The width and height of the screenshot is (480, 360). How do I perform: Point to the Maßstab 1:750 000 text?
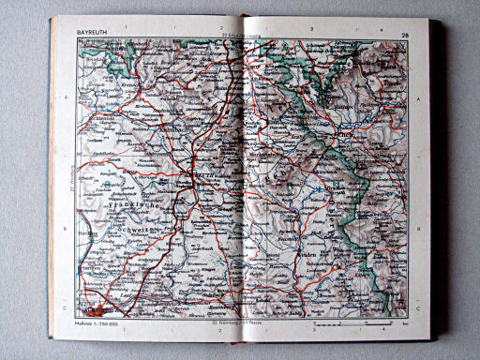[x=98, y=323]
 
